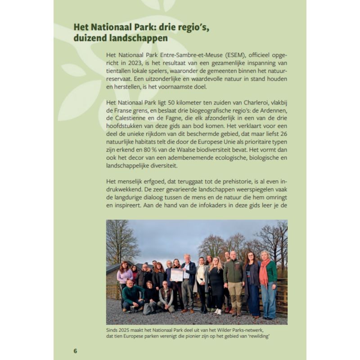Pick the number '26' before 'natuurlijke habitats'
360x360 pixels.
(283, 134)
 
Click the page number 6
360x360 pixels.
(76, 351)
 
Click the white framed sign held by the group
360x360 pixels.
(177, 274)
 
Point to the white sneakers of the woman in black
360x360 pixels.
(217, 311)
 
